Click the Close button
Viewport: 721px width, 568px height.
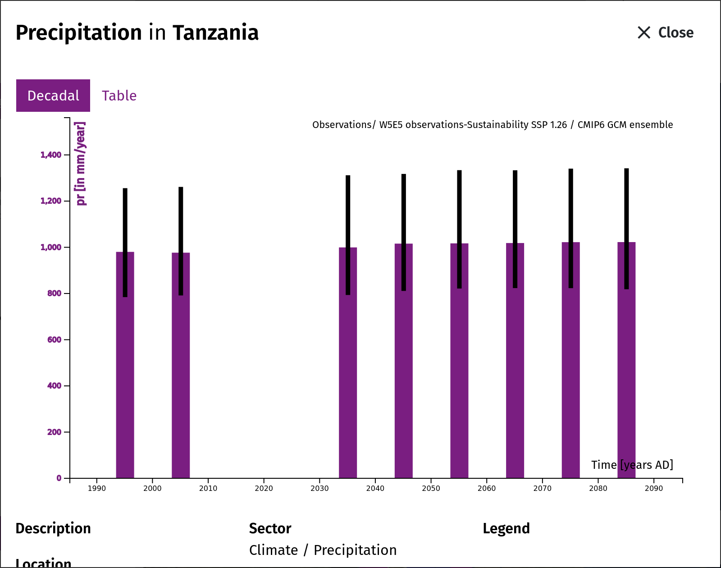[x=665, y=32]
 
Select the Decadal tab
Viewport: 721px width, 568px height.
[x=53, y=96]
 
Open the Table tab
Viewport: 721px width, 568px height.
[x=119, y=96]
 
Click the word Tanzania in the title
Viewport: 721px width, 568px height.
[x=215, y=32]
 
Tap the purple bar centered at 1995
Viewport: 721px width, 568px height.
[x=125, y=365]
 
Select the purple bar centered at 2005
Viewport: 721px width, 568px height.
[x=181, y=365]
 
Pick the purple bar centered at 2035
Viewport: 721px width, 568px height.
[x=348, y=363]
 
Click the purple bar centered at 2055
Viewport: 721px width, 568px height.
[x=459, y=361]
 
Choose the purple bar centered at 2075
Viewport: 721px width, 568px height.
[x=570, y=360]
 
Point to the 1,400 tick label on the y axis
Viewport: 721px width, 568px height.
[x=51, y=155]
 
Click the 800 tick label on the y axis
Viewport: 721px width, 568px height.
[x=54, y=293]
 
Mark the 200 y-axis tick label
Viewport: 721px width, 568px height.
[x=54, y=432]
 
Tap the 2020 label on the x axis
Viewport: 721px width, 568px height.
[x=264, y=489]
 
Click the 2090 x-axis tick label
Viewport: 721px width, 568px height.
[x=654, y=489]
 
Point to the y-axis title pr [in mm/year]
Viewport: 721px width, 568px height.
[x=81, y=164]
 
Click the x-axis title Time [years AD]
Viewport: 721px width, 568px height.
[x=632, y=465]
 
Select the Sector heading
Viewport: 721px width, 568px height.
[x=270, y=528]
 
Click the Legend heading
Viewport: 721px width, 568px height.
[x=506, y=528]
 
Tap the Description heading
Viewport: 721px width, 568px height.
[x=53, y=528]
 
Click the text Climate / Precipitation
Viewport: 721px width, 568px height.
[x=323, y=550]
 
